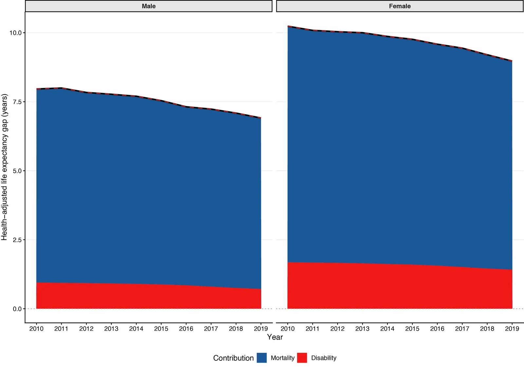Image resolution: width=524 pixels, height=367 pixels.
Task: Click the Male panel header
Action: tap(149, 6)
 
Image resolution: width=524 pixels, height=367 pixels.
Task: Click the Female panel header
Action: tap(400, 6)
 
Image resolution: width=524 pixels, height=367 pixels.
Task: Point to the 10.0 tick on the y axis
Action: tap(15, 33)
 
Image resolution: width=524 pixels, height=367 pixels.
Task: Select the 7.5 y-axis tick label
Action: tap(17, 102)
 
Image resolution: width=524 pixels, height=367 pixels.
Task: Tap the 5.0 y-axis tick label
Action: tap(17, 171)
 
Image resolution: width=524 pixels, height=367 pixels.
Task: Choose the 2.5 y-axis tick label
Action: tap(17, 240)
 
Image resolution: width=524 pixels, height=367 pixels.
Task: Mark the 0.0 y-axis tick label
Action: tap(17, 309)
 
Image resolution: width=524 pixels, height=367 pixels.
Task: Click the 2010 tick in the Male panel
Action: tap(36, 329)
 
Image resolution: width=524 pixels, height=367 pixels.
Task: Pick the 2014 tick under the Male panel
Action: tap(136, 329)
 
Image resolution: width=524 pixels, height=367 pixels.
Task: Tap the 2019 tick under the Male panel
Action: tap(261, 329)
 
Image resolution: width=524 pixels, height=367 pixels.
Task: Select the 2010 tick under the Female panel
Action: tap(288, 329)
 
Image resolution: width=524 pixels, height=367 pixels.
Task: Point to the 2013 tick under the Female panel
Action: tap(362, 329)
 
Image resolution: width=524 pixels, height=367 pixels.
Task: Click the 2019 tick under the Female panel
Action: tap(512, 329)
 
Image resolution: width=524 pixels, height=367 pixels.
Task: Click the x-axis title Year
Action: tap(275, 337)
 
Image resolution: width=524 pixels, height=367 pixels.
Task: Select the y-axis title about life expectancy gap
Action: tap(4, 167)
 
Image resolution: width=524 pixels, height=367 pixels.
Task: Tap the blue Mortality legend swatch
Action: tap(262, 358)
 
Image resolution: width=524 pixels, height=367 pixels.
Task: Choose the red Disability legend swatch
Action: tap(302, 358)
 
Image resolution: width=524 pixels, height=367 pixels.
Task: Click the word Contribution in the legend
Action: tap(233, 358)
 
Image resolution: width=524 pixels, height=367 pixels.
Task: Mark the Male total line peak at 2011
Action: tap(61, 88)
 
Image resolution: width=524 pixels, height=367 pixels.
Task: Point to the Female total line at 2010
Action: tap(288, 26)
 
